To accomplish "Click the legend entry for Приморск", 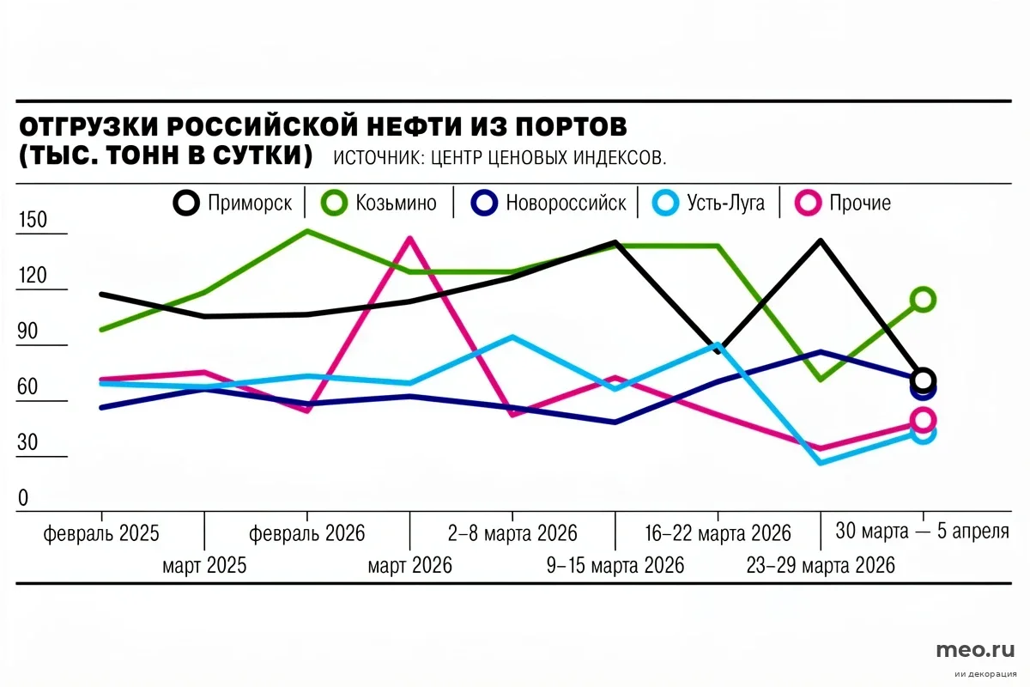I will click(x=233, y=204).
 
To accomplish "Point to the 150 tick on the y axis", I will click(x=33, y=221).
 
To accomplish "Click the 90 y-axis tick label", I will click(x=29, y=332).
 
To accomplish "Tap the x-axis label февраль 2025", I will click(x=101, y=533).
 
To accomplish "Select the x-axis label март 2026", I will click(x=409, y=566).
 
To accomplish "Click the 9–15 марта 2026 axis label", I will click(x=615, y=566).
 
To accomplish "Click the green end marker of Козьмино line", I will click(x=923, y=299).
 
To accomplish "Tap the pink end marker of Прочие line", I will click(x=923, y=420).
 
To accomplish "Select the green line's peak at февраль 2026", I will click(x=307, y=231).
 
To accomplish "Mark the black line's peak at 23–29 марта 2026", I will click(x=821, y=241).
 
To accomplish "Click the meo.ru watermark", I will click(x=975, y=649).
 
